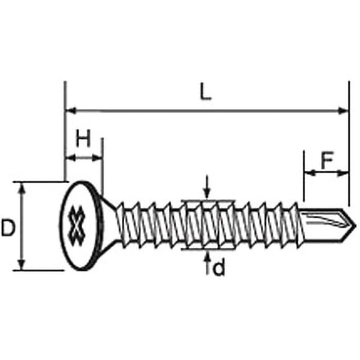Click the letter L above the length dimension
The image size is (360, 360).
(206, 92)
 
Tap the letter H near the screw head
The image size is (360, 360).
(83, 139)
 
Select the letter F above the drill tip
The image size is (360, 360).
(327, 160)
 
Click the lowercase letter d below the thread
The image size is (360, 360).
(219, 268)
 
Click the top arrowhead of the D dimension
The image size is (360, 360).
(22, 188)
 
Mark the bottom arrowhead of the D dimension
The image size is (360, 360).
(22, 265)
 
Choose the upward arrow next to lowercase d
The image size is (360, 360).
(208, 263)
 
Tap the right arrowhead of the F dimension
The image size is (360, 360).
(342, 173)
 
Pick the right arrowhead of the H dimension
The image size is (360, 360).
(97, 158)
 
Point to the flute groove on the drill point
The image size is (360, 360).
(325, 220)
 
